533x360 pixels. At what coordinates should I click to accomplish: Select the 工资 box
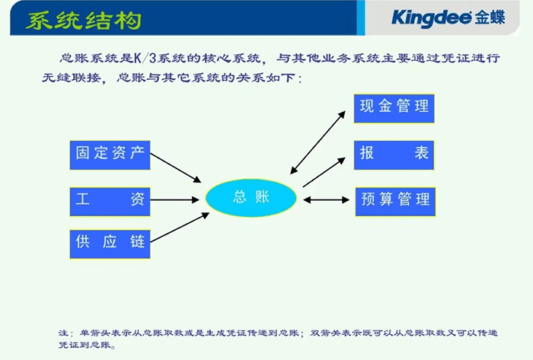click(x=110, y=199)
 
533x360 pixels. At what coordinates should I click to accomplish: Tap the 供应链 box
click(x=110, y=243)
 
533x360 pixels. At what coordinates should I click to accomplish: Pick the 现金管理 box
click(x=394, y=106)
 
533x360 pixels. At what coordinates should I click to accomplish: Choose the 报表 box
click(x=394, y=153)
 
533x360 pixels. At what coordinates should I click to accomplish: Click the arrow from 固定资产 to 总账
click(x=176, y=168)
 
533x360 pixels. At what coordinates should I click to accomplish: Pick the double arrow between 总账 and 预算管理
click(x=326, y=200)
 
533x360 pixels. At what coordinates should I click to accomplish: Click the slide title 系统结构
click(x=83, y=21)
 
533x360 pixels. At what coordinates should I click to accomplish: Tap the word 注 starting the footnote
click(x=62, y=333)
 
